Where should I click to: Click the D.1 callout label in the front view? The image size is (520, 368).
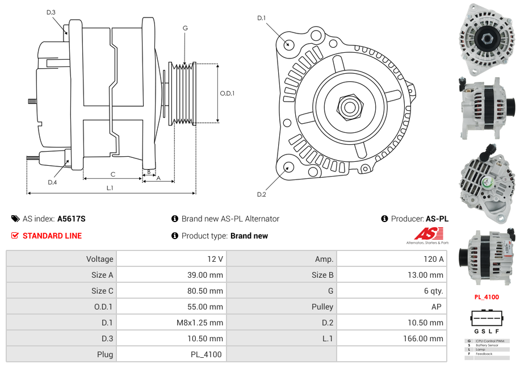262,18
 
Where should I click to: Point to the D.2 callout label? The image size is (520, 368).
261,195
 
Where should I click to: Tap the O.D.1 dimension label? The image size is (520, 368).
227,94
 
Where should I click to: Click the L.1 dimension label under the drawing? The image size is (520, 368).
110,188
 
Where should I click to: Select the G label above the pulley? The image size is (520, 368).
185,28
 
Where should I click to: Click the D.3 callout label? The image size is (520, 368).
51,12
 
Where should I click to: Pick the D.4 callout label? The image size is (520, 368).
52,182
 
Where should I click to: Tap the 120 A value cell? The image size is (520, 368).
392,259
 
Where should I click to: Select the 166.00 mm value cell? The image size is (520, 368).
392,338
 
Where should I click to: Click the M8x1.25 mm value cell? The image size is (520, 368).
171,323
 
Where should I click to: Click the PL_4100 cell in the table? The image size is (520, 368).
171,354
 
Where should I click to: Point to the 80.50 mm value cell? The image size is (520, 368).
171,291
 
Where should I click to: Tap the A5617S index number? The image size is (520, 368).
72,219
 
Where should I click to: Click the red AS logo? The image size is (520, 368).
428,233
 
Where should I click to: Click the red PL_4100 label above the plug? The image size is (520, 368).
487,297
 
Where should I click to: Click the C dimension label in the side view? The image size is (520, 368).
112,174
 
